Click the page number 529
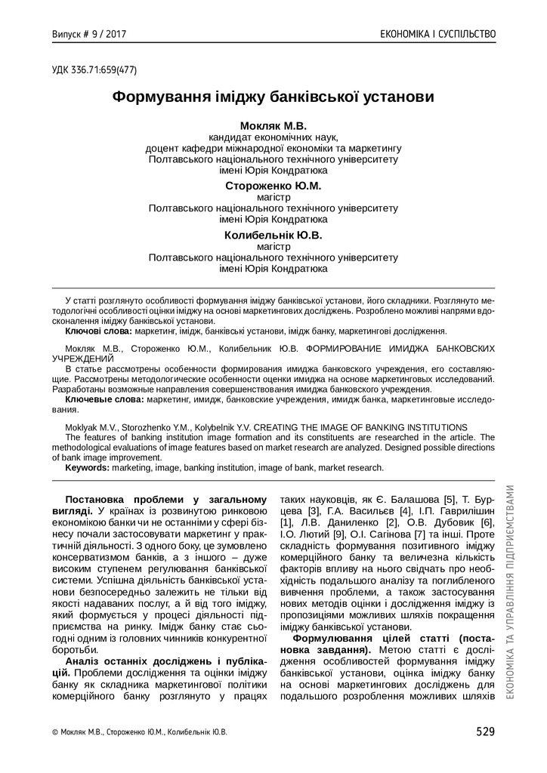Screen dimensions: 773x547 point(485,731)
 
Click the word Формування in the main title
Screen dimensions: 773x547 point(157,98)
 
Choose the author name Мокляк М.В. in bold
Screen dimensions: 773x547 point(273,125)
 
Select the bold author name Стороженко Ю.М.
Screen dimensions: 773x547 point(273,186)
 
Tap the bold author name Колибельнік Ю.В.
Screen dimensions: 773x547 point(273,235)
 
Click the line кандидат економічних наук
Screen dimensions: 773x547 point(273,137)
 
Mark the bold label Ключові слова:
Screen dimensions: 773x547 point(99,331)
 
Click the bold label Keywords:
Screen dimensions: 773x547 point(88,467)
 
